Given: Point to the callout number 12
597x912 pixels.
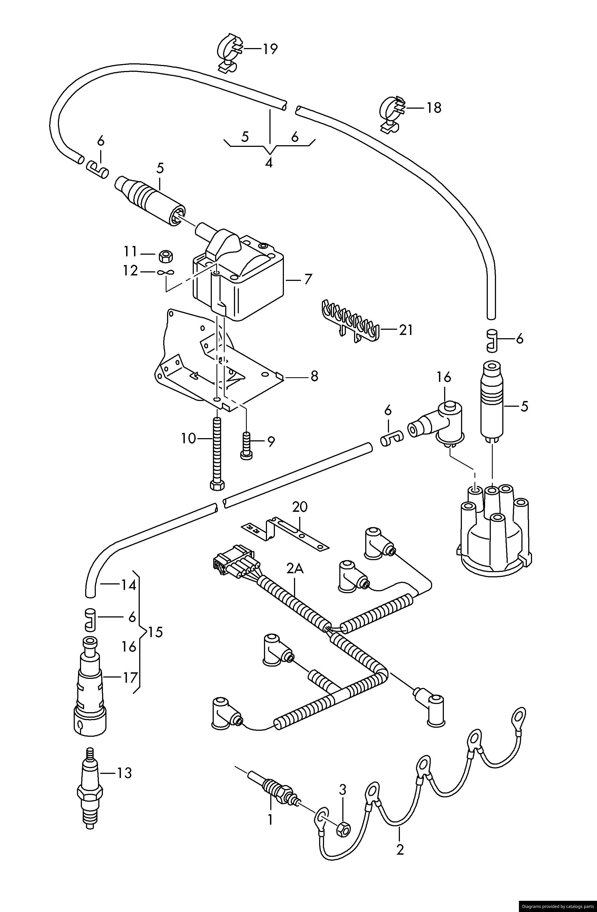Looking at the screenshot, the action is pyautogui.click(x=130, y=271).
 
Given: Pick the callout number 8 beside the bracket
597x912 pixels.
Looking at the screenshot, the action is pyautogui.click(x=314, y=376).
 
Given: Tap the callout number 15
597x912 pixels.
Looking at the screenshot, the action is pyautogui.click(x=155, y=632).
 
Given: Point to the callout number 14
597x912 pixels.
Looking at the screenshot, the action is pyautogui.click(x=128, y=585).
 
